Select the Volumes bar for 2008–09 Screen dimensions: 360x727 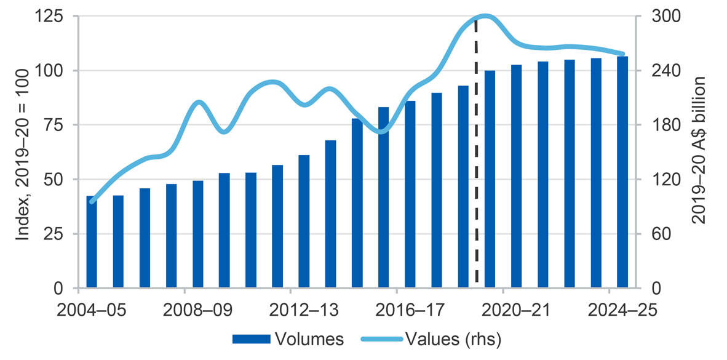coord(198,234)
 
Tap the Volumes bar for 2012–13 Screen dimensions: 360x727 coord(304,222)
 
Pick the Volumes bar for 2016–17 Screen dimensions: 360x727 coord(410,194)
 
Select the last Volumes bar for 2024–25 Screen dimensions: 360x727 coord(622,172)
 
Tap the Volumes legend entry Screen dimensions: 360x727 coord(288,339)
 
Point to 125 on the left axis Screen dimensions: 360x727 coord(54,16)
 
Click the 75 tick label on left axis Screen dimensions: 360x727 coord(59,125)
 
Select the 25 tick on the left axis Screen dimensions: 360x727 coord(59,234)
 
